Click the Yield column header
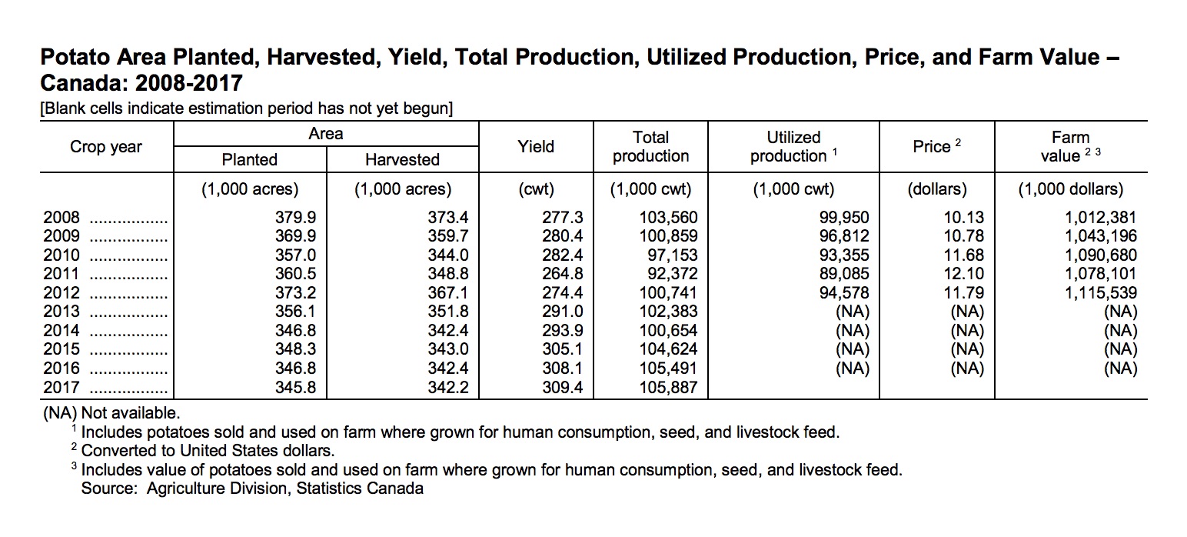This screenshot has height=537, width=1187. pyautogui.click(x=536, y=146)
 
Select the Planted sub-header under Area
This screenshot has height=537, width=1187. pyautogui.click(x=249, y=159)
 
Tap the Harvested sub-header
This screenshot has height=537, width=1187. pyautogui.click(x=402, y=159)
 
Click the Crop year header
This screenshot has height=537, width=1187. pyautogui.click(x=106, y=146)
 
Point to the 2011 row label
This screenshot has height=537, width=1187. pyautogui.click(x=62, y=274)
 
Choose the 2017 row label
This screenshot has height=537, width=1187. pyautogui.click(x=62, y=388)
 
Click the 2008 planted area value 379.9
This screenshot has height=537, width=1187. pyautogui.click(x=296, y=218)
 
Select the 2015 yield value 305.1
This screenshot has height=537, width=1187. pyautogui.click(x=563, y=349)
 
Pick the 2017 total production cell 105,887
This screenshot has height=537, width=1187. pyautogui.click(x=669, y=388)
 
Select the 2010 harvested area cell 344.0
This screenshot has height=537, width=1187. pyautogui.click(x=447, y=255)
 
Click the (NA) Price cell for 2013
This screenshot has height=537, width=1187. pyautogui.click(x=966, y=312)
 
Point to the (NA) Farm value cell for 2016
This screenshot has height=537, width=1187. pyautogui.click(x=1119, y=369)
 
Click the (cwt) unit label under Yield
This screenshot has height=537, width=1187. pyautogui.click(x=536, y=189)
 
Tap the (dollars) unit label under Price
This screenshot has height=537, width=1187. pyautogui.click(x=937, y=189)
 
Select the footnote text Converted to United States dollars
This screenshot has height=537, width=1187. pyautogui.click(x=208, y=450)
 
